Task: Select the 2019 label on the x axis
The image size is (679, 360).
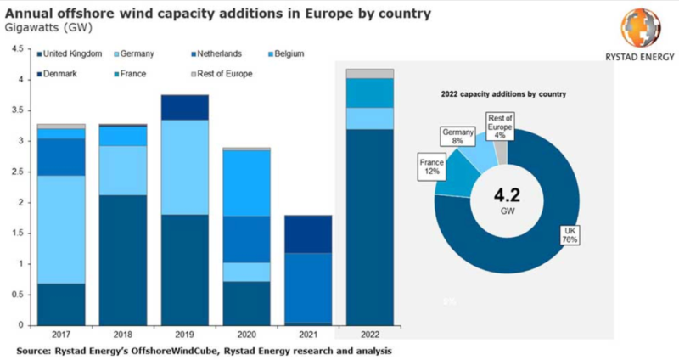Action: pos(184,334)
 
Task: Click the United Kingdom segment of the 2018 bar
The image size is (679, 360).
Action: pos(122,260)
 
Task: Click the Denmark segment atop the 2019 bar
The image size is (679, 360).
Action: pos(184,107)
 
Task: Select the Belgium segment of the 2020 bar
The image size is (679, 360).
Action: pos(246,183)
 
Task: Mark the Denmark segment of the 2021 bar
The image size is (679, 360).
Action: pos(307,234)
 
